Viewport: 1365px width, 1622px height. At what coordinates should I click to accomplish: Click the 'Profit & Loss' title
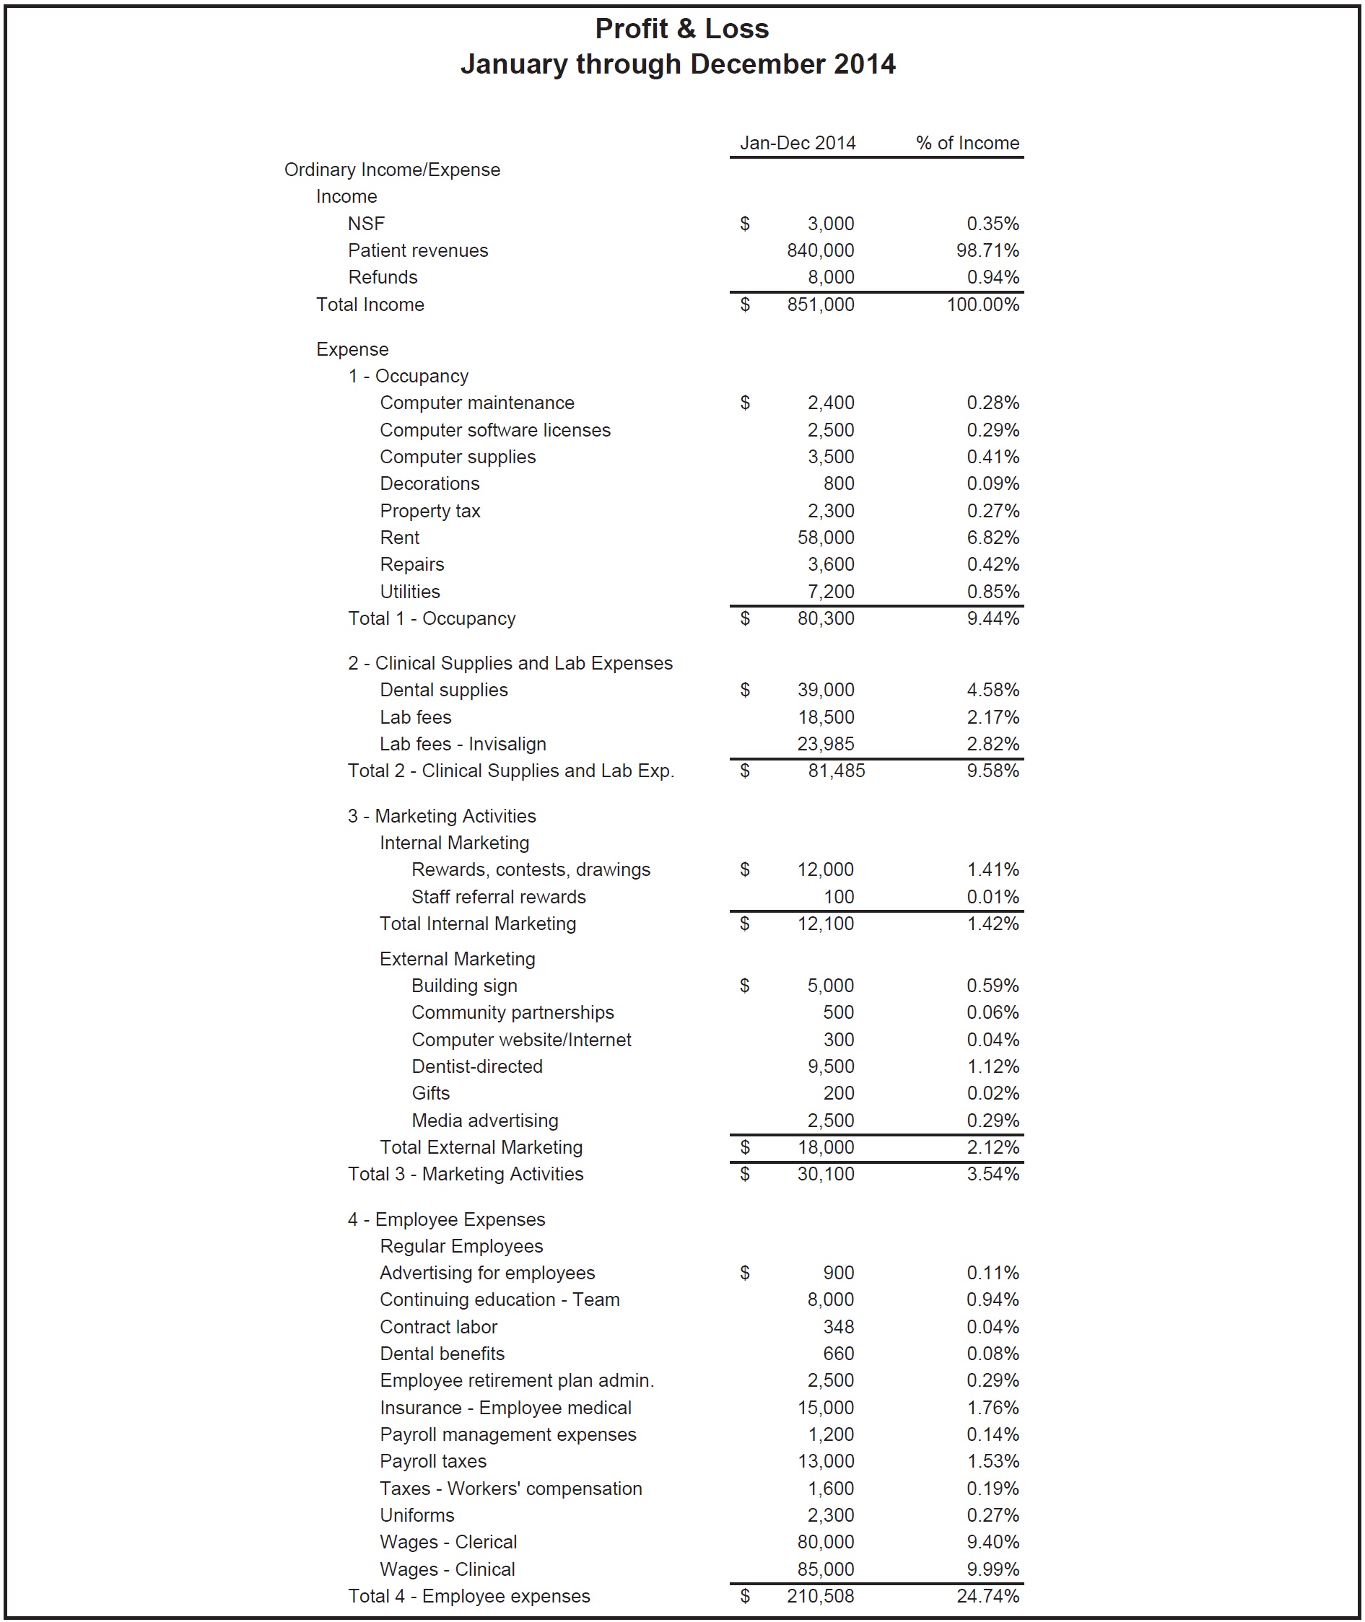tap(681, 29)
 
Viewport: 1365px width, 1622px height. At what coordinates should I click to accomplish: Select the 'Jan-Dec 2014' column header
tap(797, 143)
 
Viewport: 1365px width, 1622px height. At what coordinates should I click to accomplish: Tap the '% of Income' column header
tap(967, 143)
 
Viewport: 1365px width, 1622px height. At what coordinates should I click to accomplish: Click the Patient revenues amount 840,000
tap(820, 250)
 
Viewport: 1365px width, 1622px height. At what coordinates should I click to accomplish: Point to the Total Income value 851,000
tap(820, 304)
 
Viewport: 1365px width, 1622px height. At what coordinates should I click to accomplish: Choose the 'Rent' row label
tap(399, 538)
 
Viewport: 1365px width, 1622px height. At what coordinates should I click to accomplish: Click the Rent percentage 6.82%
tap(993, 538)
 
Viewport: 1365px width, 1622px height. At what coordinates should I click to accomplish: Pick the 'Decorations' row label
tap(429, 483)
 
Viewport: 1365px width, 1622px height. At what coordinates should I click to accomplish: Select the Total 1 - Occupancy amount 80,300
tap(826, 619)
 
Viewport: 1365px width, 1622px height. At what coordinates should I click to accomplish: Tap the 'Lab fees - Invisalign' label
tap(463, 744)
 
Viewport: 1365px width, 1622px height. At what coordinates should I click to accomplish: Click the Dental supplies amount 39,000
tap(826, 690)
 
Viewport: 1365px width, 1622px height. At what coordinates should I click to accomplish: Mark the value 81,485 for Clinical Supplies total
tap(837, 771)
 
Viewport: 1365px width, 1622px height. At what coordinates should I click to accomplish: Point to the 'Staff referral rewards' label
tap(498, 898)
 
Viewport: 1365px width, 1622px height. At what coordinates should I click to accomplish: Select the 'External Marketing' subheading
tap(458, 959)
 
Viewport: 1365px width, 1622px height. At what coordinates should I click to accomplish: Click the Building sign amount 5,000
tap(830, 986)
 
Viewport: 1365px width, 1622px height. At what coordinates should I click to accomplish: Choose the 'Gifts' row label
tap(430, 1094)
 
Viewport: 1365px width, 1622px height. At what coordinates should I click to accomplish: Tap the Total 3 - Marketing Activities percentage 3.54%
tap(993, 1174)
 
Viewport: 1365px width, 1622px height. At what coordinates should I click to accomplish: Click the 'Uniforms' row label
tap(417, 1515)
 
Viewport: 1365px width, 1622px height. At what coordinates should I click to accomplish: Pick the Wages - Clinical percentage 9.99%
tap(993, 1569)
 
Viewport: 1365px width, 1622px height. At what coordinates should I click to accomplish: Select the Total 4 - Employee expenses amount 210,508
tap(820, 1597)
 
